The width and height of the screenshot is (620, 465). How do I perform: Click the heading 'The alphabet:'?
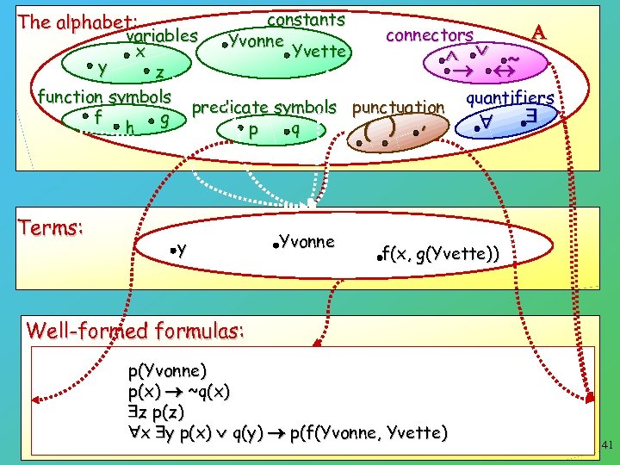tap(78, 22)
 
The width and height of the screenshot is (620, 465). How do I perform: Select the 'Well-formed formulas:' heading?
tap(136, 330)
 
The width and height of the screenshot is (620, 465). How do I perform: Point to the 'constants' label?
tap(307, 19)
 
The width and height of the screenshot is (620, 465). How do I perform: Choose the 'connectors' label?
tap(429, 35)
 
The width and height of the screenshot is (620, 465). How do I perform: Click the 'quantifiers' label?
tap(509, 97)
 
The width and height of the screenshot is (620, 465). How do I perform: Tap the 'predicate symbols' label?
tap(263, 108)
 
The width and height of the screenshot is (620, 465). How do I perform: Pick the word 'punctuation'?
tap(398, 108)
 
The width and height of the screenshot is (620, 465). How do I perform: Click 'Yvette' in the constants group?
tap(319, 51)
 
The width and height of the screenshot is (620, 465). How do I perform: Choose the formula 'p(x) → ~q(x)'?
tap(178, 392)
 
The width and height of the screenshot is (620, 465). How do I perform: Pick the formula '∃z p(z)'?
tap(156, 412)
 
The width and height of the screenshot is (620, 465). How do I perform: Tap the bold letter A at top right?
tap(539, 32)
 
